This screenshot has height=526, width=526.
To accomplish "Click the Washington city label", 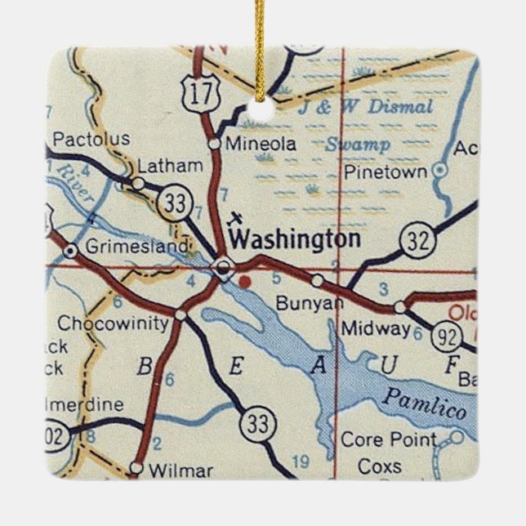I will [x=295, y=239].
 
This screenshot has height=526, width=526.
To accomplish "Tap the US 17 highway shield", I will [x=198, y=93].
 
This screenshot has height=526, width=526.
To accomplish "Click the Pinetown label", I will [x=386, y=172].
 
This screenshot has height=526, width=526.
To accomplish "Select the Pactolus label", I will [x=90, y=139].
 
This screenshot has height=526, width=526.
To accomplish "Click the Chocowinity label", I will [x=113, y=323].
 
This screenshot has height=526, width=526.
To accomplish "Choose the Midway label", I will [x=375, y=328].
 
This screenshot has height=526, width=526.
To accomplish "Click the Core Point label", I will [x=388, y=440].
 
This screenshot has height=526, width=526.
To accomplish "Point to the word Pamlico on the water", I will [x=426, y=401].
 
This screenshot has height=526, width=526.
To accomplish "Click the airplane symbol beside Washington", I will [x=235, y=218].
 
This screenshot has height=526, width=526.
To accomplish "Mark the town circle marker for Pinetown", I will [x=440, y=170].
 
